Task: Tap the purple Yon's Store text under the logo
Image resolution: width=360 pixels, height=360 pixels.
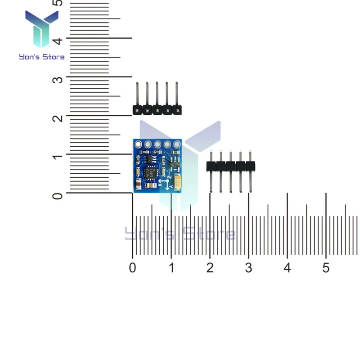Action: pos(42,57)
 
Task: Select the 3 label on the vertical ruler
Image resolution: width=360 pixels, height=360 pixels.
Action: pos(57,80)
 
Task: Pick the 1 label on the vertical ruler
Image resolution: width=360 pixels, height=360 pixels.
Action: pos(57,157)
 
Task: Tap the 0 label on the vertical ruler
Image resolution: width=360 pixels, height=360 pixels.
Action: pos(57,196)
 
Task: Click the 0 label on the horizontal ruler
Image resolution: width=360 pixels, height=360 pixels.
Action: pos(132,268)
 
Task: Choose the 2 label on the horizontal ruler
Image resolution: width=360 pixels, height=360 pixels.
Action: pos(210,268)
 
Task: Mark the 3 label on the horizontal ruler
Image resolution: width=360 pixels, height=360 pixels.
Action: pos(248,268)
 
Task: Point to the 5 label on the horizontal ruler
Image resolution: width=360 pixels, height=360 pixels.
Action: pos(326,268)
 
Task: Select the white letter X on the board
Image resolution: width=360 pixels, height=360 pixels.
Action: pos(161,179)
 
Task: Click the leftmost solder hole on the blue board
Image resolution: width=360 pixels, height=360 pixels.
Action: pos(137,144)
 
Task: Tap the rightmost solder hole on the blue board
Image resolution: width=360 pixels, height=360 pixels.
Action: pos(176,144)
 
